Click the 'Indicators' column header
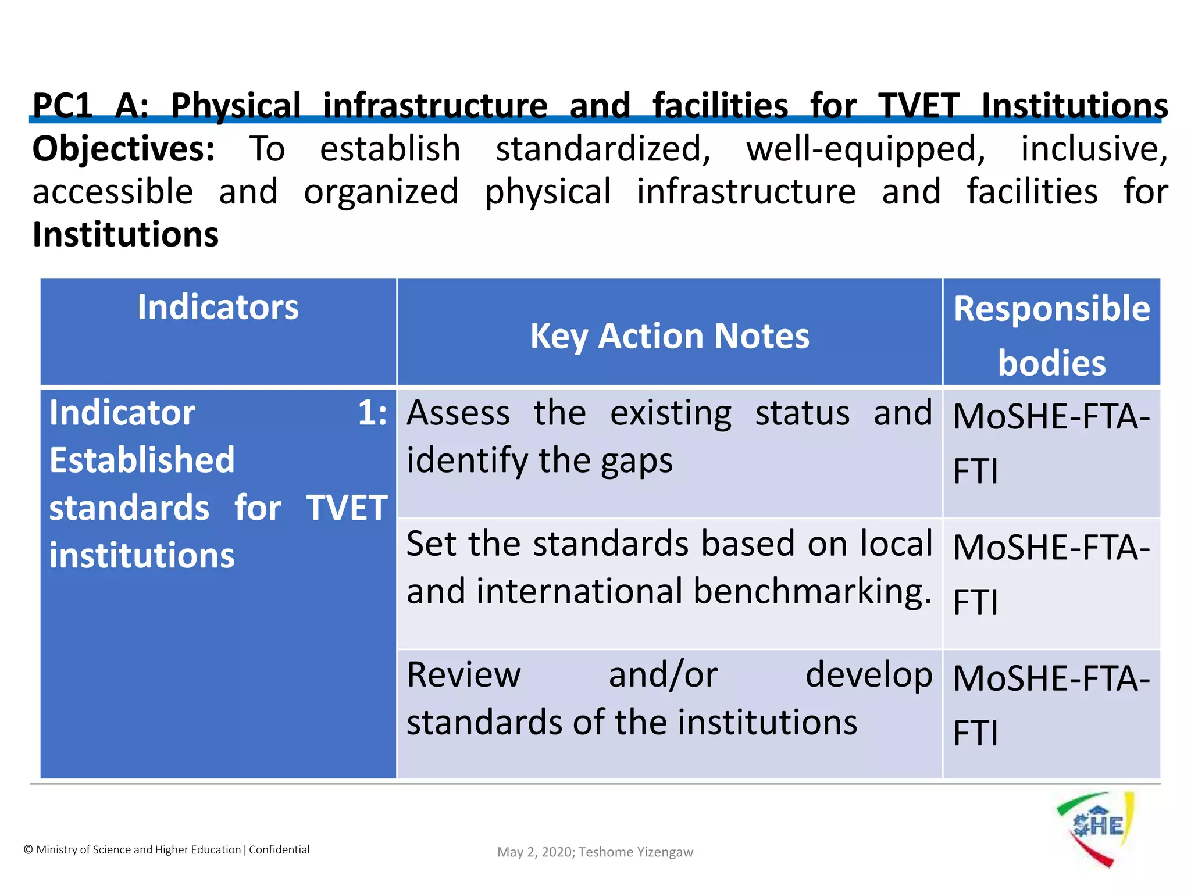tap(218, 308)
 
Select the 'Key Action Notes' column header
tap(669, 337)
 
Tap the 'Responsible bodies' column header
tap(1051, 335)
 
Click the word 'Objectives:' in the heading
tap(124, 149)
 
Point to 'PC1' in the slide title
tap(63, 106)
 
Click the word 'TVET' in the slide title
tap(919, 106)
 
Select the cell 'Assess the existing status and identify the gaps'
tap(669, 437)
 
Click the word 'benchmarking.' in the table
tap(812, 592)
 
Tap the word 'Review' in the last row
tap(463, 676)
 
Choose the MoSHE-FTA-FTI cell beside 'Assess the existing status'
tap(1051, 444)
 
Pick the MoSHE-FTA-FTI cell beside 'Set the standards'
tap(1051, 575)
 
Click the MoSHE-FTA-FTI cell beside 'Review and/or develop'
tap(1051, 706)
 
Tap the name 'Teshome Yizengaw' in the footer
tap(636, 852)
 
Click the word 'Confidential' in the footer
tap(279, 850)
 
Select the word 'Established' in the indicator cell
tap(142, 460)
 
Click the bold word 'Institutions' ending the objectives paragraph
tap(126, 235)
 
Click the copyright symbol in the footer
tap(28, 850)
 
